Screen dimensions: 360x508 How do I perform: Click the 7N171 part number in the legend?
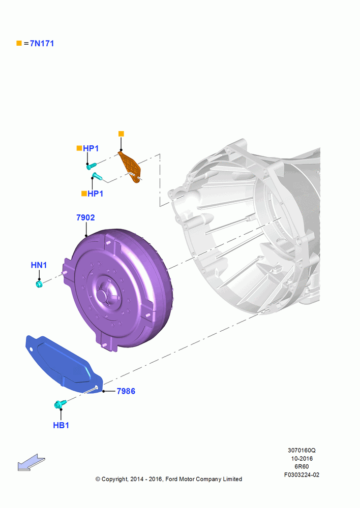coord(42,43)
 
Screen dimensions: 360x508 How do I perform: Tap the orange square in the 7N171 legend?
coord(19,43)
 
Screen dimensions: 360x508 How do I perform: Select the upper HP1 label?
coord(91,148)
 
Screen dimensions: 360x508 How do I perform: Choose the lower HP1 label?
coord(96,194)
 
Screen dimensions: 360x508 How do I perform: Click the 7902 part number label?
coord(85,218)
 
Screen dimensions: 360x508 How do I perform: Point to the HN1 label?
coord(39,265)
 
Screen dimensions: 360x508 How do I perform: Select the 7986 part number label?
coord(126,391)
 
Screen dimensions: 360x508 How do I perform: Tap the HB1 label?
coord(61,425)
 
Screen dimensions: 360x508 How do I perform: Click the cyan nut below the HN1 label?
coord(39,284)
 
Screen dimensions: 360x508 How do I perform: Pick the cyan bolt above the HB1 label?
coord(61,404)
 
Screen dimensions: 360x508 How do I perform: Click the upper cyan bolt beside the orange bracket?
coord(92,166)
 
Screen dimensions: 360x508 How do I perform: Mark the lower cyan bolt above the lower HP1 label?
coord(97,176)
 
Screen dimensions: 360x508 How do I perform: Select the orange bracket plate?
coord(130,166)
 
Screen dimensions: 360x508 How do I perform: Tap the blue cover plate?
coord(63,364)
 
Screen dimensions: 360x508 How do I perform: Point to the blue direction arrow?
coord(31,462)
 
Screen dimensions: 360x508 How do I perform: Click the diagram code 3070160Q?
coord(302,451)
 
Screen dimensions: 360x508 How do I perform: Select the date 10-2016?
coord(302,459)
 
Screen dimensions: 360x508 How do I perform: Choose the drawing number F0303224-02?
coord(302,475)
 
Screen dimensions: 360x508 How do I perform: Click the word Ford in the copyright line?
coord(172,479)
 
